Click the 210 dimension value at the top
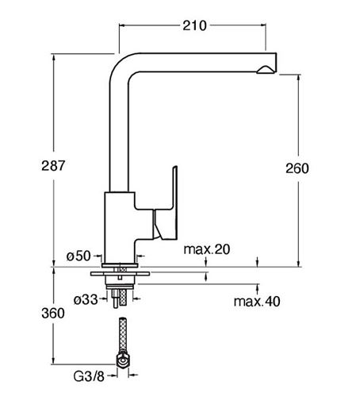point(194,25)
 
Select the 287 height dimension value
point(53,166)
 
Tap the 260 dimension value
point(297,168)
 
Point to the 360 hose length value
point(53,313)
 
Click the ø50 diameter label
point(79,256)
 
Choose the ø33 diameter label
point(86,299)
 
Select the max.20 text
point(207,249)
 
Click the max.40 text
point(257,301)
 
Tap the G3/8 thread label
point(89,376)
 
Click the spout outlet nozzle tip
point(266,69)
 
